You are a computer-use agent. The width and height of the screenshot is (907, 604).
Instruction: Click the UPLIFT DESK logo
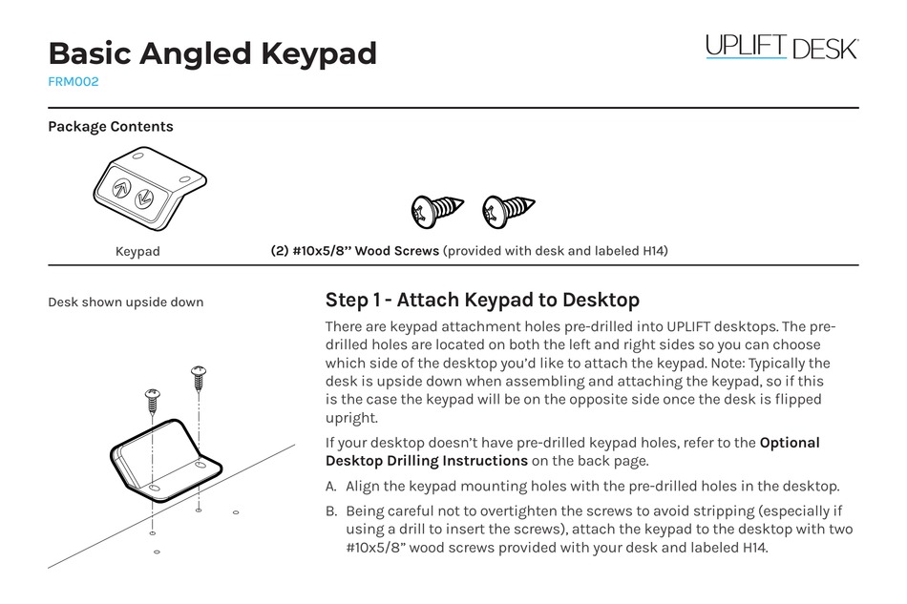point(781,47)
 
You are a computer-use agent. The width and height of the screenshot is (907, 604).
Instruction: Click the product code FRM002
point(74,82)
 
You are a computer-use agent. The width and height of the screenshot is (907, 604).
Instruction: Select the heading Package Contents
point(111,126)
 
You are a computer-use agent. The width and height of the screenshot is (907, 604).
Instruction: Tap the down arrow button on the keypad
point(146,199)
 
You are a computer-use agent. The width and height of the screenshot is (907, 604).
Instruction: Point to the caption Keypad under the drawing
point(137,252)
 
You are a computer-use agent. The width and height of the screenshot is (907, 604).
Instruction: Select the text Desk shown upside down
point(126,302)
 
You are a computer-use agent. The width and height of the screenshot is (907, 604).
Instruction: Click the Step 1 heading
point(482,301)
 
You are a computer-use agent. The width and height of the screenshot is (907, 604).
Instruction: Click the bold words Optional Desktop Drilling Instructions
point(573,451)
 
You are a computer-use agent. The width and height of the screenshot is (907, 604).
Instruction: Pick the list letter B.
point(331,510)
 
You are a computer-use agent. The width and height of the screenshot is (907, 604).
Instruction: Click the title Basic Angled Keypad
point(212,53)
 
